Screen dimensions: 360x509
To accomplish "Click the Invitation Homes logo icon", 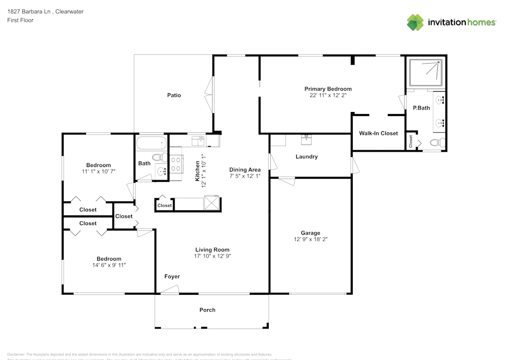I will tap(415, 22).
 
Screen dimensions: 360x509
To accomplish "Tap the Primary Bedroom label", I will tap(328, 89).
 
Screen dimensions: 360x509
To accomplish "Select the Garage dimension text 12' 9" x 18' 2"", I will tap(310, 239).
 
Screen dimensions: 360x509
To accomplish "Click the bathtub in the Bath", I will tap(151, 142).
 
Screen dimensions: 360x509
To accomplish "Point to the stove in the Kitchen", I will tap(176, 164).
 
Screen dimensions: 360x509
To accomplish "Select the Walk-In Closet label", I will tap(378, 133).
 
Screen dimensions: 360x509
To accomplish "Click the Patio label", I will tap(174, 95).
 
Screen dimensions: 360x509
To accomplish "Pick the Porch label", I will tap(207, 310).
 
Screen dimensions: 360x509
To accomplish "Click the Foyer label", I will tap(172, 276).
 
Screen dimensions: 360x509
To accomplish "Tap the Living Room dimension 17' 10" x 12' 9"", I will tap(213, 256).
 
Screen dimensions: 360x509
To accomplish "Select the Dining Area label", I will tap(245, 170).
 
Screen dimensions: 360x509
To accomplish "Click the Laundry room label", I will tap(306, 156).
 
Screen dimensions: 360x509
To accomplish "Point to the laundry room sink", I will tap(306, 138).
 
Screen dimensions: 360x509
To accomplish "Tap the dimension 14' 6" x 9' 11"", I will tap(109, 265).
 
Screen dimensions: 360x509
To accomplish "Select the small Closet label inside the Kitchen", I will tap(164, 206).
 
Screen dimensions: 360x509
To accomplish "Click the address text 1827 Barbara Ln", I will tap(31, 11).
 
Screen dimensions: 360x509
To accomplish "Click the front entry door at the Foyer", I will tap(169, 290).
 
